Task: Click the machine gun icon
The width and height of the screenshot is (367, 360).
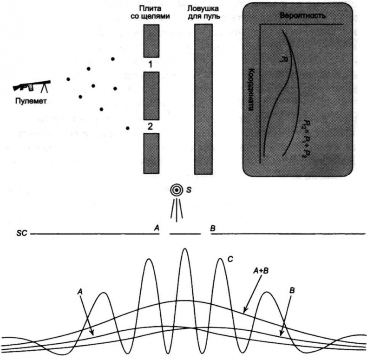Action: (32, 86)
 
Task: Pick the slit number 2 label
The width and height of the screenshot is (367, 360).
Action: (151, 126)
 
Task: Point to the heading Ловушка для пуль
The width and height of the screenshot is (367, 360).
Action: (203, 13)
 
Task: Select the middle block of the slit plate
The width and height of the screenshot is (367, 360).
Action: (151, 96)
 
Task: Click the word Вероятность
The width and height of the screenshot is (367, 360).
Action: (302, 16)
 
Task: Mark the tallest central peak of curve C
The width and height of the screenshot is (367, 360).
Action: (185, 251)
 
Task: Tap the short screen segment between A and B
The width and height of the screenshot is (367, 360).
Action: (185, 234)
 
